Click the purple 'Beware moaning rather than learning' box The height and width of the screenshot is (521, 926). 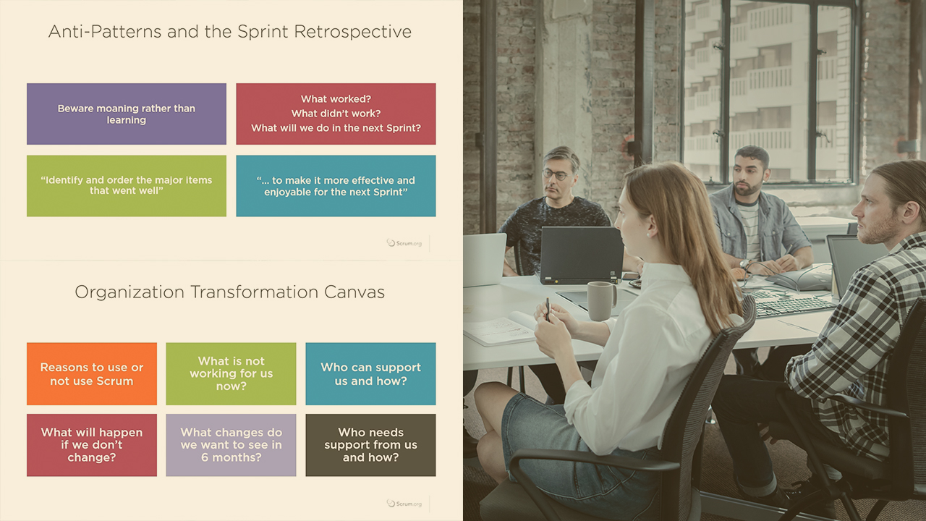(127, 114)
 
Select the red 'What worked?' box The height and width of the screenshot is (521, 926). (336, 114)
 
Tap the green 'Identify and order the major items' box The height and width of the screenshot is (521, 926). (127, 186)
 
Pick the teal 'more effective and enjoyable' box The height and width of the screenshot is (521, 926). (336, 186)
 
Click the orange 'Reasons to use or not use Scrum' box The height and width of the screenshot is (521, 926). (92, 374)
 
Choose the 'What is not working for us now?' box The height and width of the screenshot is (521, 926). (231, 374)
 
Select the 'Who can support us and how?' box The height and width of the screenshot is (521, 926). (370, 374)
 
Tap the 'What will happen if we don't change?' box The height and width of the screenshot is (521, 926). (92, 445)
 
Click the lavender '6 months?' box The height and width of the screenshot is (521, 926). (231, 445)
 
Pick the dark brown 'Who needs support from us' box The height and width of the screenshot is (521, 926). (370, 445)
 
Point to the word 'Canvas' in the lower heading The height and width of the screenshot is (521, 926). (354, 292)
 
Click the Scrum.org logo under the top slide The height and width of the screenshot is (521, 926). (404, 243)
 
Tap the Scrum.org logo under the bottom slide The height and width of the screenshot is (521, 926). (404, 503)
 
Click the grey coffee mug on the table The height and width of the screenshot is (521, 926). (601, 300)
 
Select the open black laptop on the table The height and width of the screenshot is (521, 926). (581, 255)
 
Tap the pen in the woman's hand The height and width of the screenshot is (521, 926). (548, 309)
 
